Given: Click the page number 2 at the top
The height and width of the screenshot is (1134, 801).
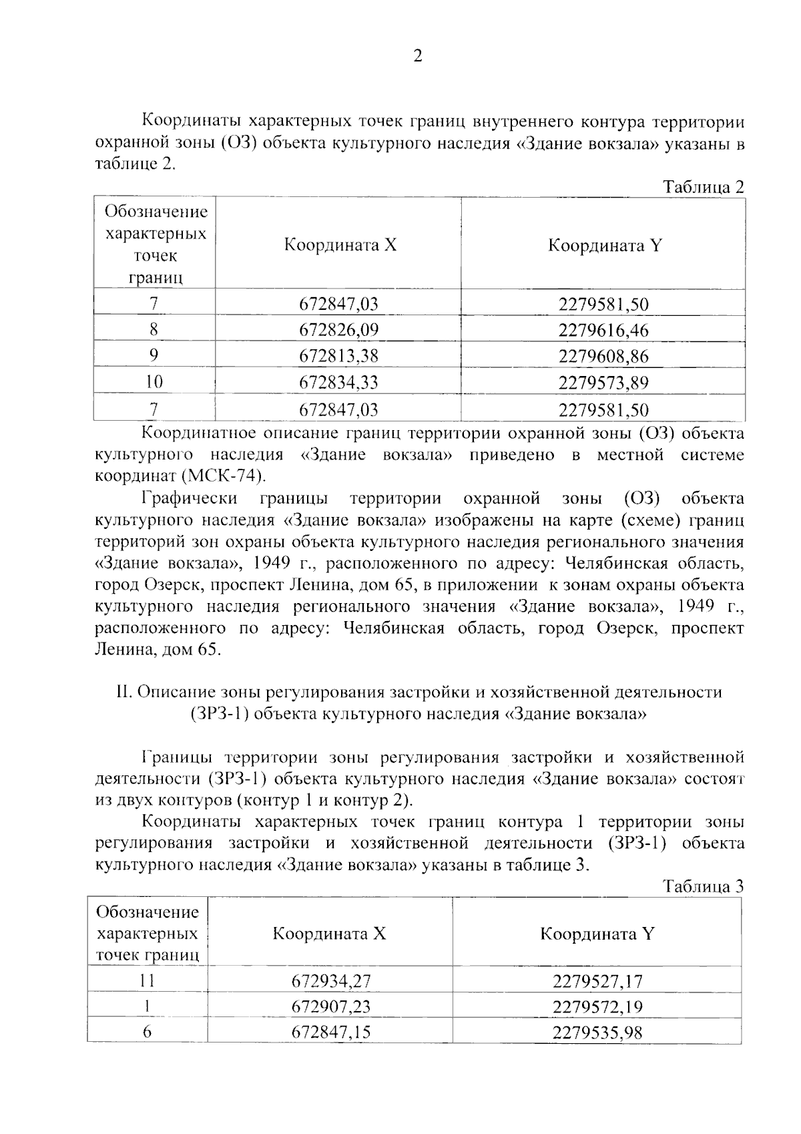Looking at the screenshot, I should (418, 57).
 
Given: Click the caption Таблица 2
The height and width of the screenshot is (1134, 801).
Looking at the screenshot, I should (703, 187).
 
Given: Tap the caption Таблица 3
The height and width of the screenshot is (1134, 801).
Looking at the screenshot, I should (703, 887).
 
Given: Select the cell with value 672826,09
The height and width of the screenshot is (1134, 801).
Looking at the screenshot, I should (338, 330).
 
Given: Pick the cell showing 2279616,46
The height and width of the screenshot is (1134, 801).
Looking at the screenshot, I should (603, 330).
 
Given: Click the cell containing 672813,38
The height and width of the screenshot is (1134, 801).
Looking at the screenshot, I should (338, 356).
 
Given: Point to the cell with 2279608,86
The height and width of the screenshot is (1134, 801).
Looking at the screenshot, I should (603, 356).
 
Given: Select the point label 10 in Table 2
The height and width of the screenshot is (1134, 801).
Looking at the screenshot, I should (154, 382).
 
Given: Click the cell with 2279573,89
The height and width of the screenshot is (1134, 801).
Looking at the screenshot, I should (603, 383).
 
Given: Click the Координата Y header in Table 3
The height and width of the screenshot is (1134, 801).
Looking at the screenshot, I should (597, 933).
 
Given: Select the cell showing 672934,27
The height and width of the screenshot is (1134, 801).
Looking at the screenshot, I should (330, 981).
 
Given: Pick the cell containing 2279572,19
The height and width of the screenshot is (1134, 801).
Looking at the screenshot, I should (597, 1006).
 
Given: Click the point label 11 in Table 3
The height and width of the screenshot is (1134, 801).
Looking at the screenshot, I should (147, 980).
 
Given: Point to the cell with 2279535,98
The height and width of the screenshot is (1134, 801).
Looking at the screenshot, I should (597, 1032).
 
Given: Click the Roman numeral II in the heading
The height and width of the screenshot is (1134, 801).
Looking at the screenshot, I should (123, 693).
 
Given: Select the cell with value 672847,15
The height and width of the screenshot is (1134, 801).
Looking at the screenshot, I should (330, 1032).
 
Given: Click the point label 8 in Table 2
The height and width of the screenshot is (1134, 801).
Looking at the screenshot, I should (154, 329).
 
